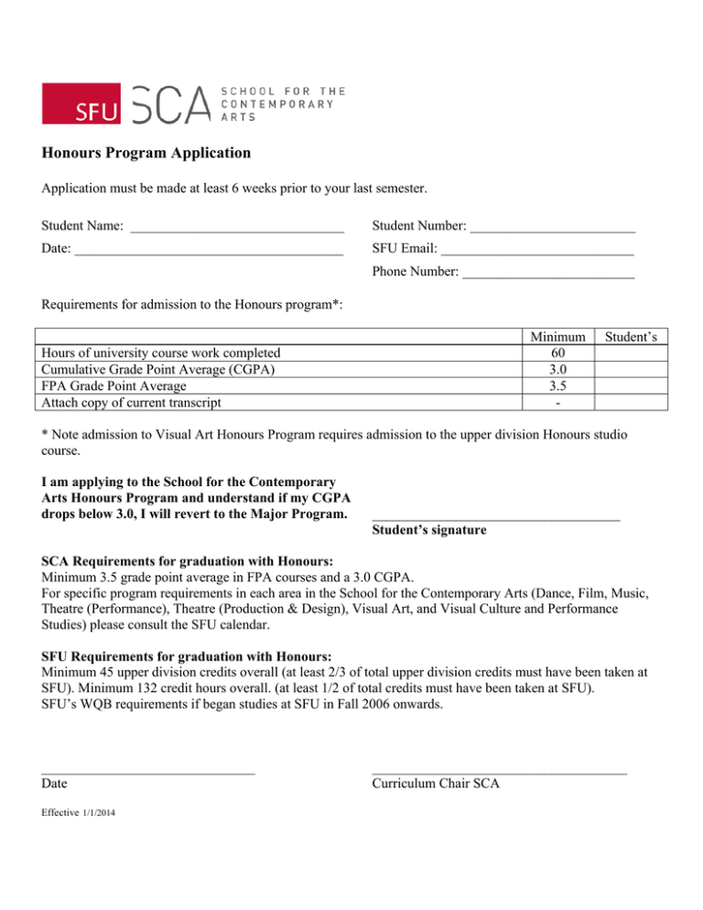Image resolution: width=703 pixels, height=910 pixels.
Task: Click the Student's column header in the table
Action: (x=633, y=337)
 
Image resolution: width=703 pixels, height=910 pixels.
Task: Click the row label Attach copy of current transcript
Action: (x=134, y=402)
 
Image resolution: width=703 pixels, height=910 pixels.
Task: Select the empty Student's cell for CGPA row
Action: (x=633, y=369)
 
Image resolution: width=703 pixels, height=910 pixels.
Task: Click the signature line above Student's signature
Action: (x=495, y=520)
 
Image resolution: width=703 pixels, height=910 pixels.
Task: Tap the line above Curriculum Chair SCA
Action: (x=499, y=774)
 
